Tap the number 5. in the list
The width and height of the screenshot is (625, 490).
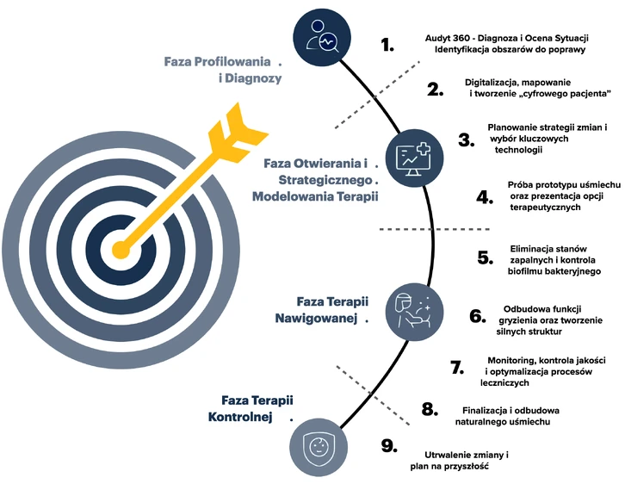pyautogui.click(x=485, y=257)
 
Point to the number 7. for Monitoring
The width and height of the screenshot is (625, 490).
pyautogui.click(x=457, y=367)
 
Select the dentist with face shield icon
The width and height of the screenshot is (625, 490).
pyautogui.click(x=411, y=308)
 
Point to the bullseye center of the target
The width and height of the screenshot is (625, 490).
pyautogui.click(x=118, y=251)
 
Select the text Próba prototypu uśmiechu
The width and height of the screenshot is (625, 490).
pyautogui.click(x=565, y=185)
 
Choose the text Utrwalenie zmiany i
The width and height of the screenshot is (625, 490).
pyautogui.click(x=467, y=454)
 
